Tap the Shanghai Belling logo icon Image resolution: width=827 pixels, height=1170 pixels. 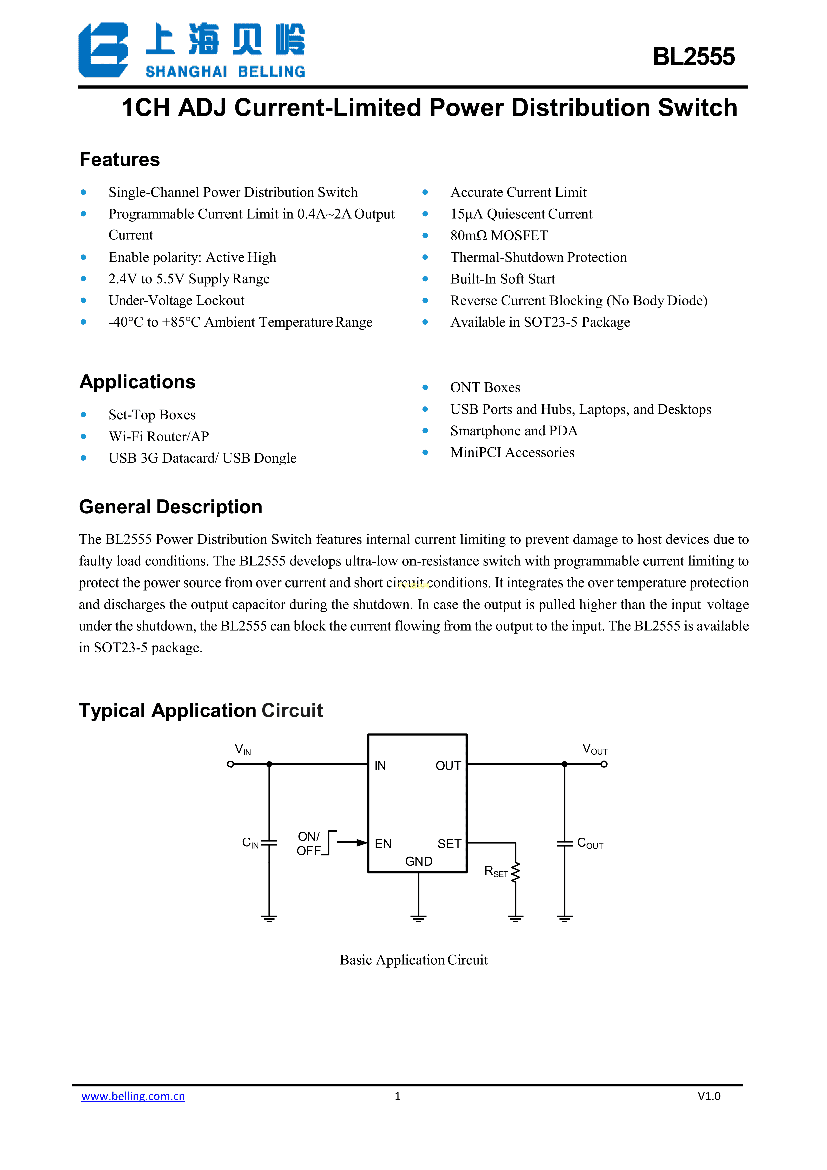(x=103, y=50)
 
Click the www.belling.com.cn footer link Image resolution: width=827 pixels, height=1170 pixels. (x=133, y=1096)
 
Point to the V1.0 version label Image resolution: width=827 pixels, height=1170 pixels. (x=709, y=1096)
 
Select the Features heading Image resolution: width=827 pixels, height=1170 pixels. (x=120, y=159)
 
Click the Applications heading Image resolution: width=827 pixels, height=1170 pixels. (x=138, y=382)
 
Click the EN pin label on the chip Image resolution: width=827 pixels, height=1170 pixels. (x=383, y=844)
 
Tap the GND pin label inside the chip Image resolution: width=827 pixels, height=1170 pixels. (x=419, y=861)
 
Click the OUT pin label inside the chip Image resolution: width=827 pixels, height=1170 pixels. (x=448, y=766)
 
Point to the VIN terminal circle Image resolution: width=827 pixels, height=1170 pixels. (x=231, y=764)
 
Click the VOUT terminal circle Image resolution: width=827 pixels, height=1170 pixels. (x=604, y=764)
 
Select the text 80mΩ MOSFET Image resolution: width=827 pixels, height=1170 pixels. (x=499, y=235)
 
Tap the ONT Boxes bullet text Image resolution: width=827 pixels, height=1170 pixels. (x=485, y=388)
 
